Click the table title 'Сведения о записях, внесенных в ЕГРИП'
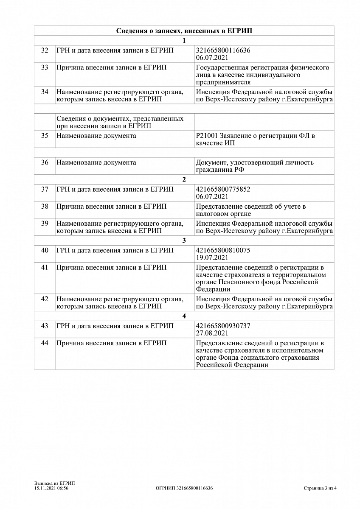[184, 31]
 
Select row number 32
[45, 50]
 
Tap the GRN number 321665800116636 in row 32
[223, 50]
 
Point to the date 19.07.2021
[212, 257]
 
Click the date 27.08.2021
[212, 333]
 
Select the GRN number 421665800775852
[223, 190]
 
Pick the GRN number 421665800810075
[223, 250]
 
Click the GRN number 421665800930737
[223, 326]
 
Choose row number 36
[45, 162]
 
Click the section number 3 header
[184, 241]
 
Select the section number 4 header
[184, 316]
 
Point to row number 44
[45, 343]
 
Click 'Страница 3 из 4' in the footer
[320, 488]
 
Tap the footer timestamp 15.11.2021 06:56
[51, 488]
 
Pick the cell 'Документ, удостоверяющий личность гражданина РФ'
[255, 166]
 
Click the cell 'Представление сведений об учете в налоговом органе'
[251, 210]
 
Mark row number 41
[45, 268]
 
